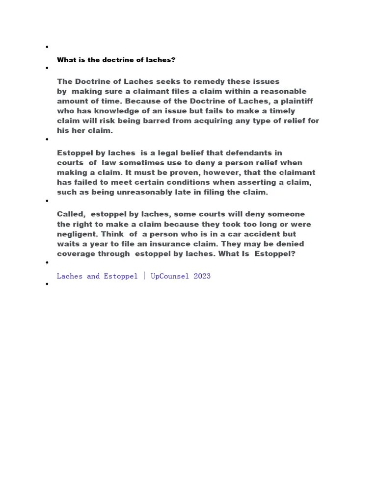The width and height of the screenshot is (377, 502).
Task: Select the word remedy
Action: pyautogui.click(x=212, y=81)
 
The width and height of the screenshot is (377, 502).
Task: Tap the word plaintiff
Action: pyautogui.click(x=296, y=101)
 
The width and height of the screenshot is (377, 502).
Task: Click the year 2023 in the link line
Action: pyautogui.click(x=202, y=276)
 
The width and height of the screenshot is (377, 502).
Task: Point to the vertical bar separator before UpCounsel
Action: pyautogui.click(x=144, y=276)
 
